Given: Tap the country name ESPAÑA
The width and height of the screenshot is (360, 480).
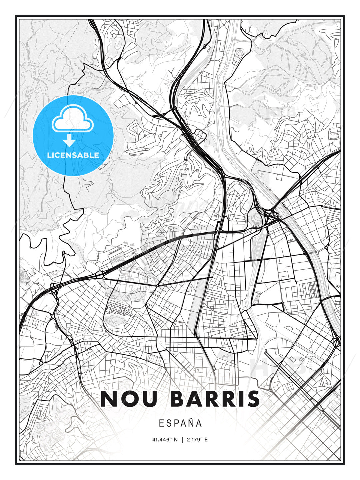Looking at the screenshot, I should (180, 423).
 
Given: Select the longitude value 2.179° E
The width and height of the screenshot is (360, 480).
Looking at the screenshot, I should (197, 440).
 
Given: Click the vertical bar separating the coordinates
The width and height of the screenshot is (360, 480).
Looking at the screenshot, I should (182, 440).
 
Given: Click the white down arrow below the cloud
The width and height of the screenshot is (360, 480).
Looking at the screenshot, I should (70, 141).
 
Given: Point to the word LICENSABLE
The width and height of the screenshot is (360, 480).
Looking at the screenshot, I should (73, 155).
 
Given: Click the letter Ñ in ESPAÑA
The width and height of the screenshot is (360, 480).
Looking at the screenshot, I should (190, 423).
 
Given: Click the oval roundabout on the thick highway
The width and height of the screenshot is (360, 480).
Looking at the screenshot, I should (99, 275).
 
